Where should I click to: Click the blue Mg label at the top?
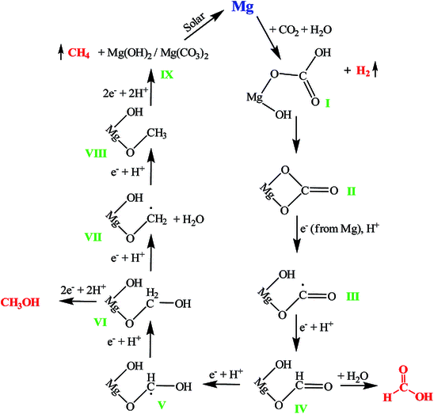click(243, 7)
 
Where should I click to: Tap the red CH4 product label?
click(79, 53)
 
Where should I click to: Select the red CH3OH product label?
click(21, 302)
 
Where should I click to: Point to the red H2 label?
click(364, 70)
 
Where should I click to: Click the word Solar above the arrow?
click(194, 22)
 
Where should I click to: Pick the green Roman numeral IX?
click(167, 74)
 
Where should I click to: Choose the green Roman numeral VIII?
click(96, 154)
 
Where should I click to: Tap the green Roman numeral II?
click(352, 192)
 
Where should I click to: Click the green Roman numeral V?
click(162, 405)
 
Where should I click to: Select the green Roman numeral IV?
click(301, 408)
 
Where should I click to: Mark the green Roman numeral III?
click(353, 297)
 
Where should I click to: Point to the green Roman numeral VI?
click(101, 322)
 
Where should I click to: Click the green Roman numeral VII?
click(93, 237)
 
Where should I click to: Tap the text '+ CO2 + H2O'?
click(301, 30)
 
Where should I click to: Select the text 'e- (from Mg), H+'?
click(340, 229)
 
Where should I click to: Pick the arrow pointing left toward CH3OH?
click(78, 301)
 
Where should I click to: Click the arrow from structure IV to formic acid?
click(359, 386)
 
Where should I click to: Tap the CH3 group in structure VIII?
click(157, 134)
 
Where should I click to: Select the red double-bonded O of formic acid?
click(403, 370)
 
